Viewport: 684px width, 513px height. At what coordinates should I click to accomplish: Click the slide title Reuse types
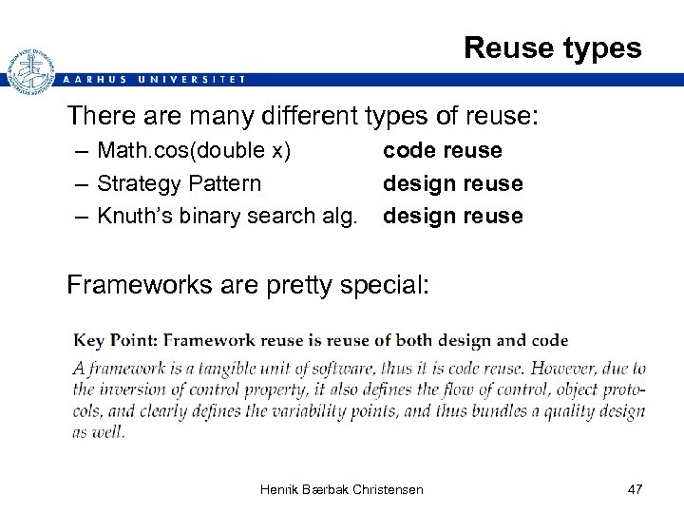[x=552, y=47]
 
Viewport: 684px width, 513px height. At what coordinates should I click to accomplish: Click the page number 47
[x=636, y=489]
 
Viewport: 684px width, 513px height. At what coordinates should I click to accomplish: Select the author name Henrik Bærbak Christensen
[x=341, y=489]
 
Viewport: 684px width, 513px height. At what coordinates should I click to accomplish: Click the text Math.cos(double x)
[x=194, y=151]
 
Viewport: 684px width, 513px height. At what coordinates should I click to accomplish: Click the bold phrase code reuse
[x=442, y=151]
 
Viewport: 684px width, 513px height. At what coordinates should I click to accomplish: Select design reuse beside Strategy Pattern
[x=452, y=183]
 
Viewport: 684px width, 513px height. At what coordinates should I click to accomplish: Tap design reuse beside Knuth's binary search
[x=452, y=216]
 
